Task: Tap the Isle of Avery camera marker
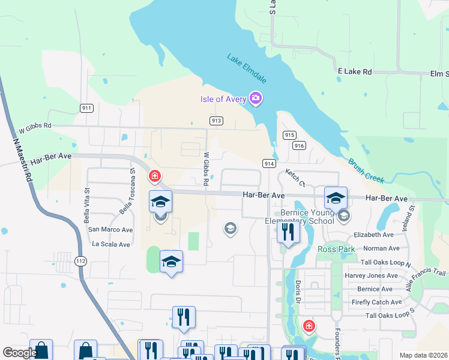click(256, 98)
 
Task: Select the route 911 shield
click(86, 108)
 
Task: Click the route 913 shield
click(217, 121)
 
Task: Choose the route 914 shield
click(268, 163)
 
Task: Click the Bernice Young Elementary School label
click(307, 217)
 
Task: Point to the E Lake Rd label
click(355, 71)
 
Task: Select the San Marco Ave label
click(110, 230)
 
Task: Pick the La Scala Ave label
click(110, 245)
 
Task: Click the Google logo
click(20, 353)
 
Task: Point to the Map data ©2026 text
click(423, 355)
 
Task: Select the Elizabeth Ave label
click(373, 235)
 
